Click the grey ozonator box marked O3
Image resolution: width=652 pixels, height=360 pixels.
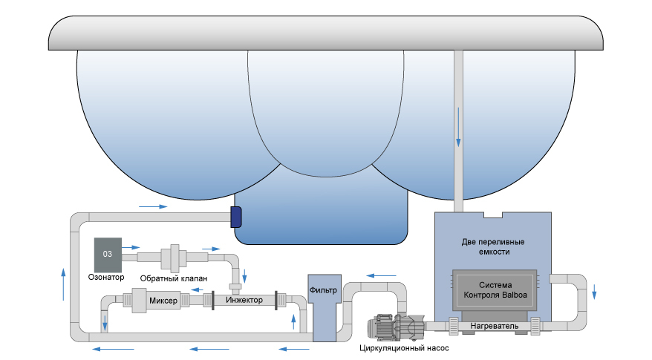click(x=108, y=255)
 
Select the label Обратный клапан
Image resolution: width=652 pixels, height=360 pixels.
click(x=173, y=278)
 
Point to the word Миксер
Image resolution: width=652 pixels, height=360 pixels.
click(x=163, y=301)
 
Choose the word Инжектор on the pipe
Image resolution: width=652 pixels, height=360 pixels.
click(x=244, y=301)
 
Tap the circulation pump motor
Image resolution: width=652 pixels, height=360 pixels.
click(x=386, y=325)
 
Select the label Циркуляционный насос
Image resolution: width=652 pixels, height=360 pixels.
click(x=405, y=347)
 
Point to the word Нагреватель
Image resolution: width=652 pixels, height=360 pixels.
click(x=490, y=326)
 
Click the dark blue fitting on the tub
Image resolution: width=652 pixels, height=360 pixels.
click(x=236, y=216)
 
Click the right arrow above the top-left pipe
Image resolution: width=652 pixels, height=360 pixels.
click(x=149, y=206)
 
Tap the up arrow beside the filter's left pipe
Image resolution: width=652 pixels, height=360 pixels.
click(x=296, y=321)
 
